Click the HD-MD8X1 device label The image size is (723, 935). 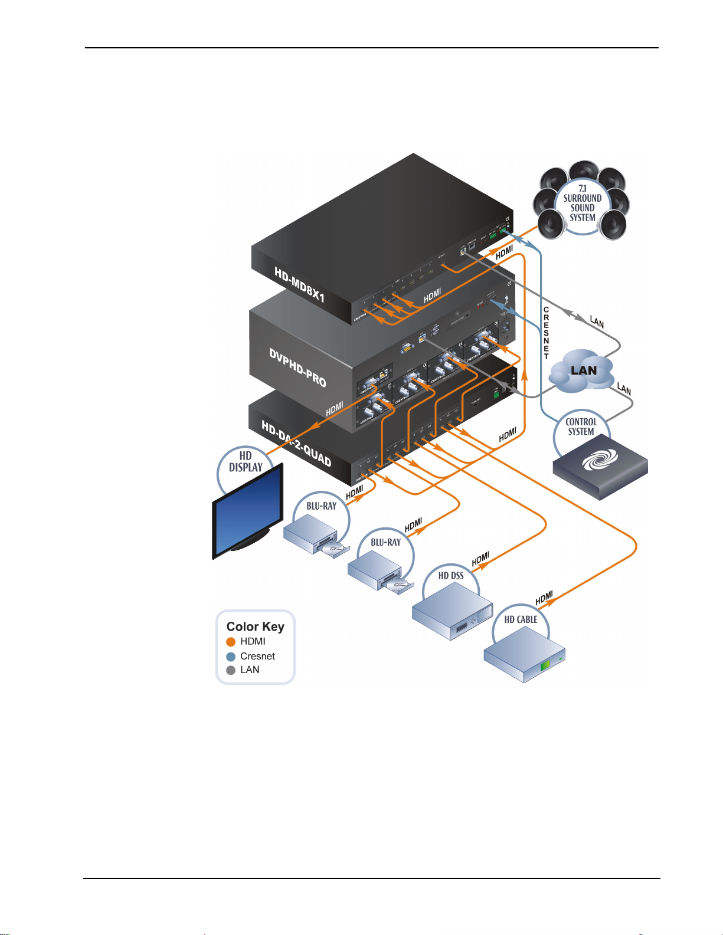(x=299, y=284)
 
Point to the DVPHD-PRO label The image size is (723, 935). (x=297, y=368)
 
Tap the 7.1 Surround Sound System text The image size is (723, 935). (x=582, y=203)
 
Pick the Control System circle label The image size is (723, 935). (x=581, y=427)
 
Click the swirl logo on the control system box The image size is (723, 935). (x=600, y=460)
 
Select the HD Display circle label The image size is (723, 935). (x=246, y=461)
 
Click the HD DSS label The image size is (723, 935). (x=451, y=576)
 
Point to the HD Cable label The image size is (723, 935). (x=521, y=619)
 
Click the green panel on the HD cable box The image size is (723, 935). (x=545, y=665)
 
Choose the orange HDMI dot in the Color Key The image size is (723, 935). (x=231, y=642)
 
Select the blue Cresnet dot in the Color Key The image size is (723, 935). (x=231, y=657)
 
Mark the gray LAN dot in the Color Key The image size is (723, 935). (x=231, y=670)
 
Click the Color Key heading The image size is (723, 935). (x=255, y=626)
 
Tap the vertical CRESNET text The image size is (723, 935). (x=547, y=333)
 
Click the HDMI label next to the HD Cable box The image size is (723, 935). (x=544, y=598)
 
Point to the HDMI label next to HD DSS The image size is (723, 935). (x=480, y=559)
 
